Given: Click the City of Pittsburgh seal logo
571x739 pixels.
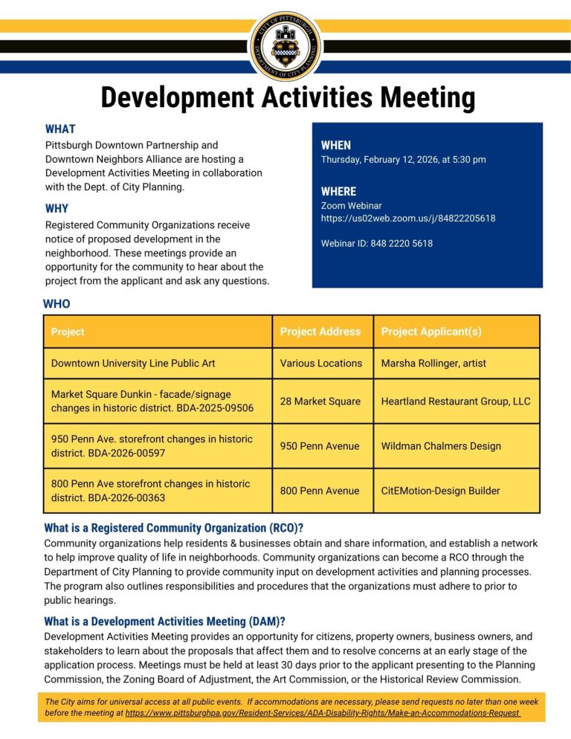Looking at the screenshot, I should (x=285, y=46).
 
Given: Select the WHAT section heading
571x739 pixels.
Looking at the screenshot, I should (x=59, y=129).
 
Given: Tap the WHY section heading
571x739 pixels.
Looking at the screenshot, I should (x=57, y=208).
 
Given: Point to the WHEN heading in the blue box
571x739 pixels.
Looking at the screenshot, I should (x=336, y=146).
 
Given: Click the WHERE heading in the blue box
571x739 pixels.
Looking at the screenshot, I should (x=338, y=191).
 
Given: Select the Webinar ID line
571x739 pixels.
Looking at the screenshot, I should (x=377, y=243).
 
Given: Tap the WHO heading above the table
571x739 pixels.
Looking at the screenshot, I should (x=57, y=303).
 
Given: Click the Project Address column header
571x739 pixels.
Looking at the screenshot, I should (x=320, y=332).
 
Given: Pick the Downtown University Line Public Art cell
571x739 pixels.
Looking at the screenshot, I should (x=133, y=364).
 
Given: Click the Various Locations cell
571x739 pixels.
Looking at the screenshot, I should (x=321, y=364).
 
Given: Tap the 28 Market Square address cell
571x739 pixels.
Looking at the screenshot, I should (x=320, y=401).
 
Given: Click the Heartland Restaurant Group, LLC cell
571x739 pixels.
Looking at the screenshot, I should (x=456, y=401).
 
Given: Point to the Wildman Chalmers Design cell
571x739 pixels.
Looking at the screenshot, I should (x=441, y=446).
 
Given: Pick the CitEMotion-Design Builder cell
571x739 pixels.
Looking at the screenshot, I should (x=440, y=491).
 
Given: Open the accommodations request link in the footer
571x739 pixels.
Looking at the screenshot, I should (x=323, y=712).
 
